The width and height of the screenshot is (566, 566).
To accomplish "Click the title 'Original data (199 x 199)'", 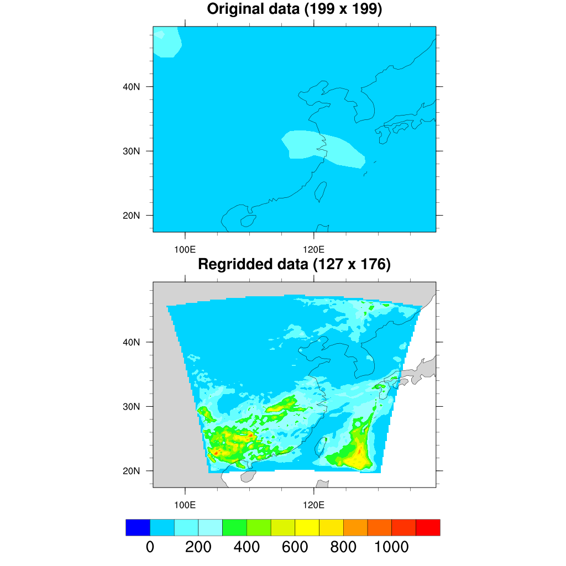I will tap(294, 9).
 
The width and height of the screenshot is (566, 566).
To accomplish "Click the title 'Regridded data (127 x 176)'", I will tap(294, 265).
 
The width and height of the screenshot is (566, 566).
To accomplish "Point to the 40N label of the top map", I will tap(131, 87).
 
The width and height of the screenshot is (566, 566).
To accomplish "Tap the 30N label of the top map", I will tap(131, 151).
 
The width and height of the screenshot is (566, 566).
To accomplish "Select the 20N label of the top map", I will tap(131, 216).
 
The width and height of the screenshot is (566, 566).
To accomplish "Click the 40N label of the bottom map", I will tap(131, 342).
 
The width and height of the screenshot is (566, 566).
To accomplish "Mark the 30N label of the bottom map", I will tap(131, 407).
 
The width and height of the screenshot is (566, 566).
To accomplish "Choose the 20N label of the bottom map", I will tap(131, 471).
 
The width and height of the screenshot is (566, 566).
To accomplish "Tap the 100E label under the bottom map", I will tap(185, 504).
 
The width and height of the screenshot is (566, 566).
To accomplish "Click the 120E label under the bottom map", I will tap(314, 504).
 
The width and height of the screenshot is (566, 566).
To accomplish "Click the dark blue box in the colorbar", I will tap(138, 527).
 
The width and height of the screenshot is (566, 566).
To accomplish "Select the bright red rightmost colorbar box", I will tap(428, 527).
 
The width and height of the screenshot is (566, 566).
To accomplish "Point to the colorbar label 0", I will tap(150, 547).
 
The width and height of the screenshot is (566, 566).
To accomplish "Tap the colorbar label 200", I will tap(198, 547).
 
